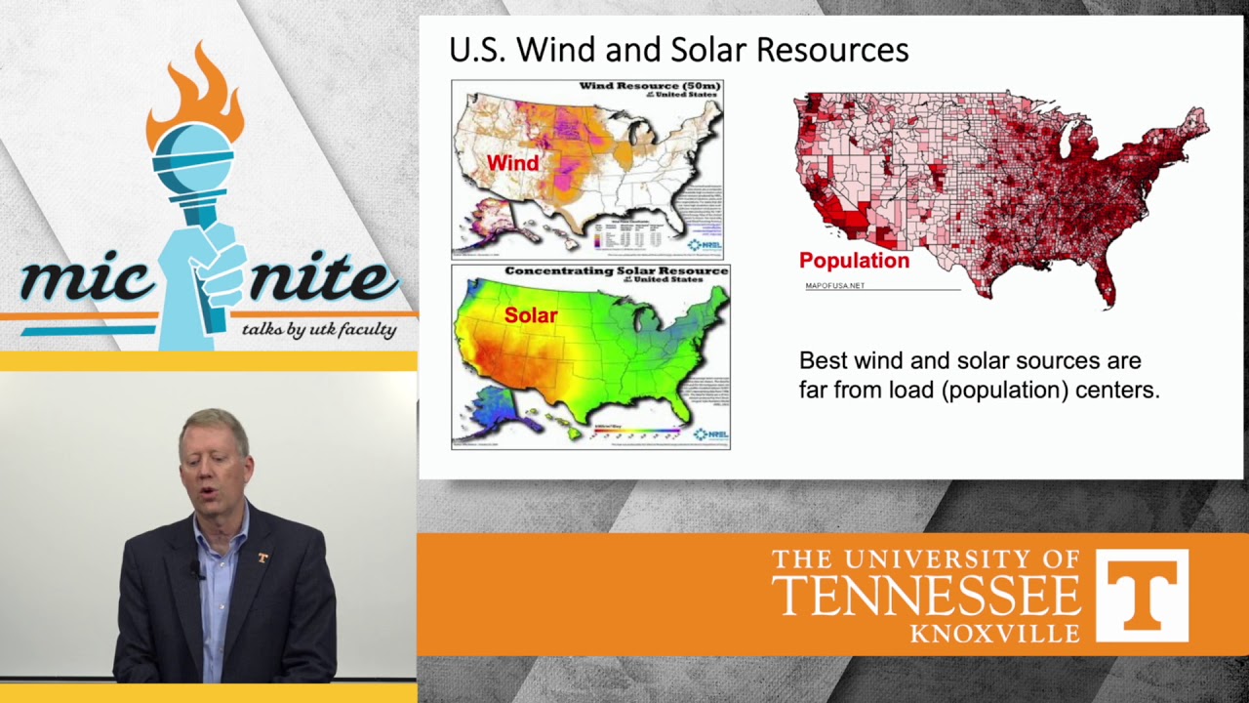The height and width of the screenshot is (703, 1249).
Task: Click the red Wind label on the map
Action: point(512,163)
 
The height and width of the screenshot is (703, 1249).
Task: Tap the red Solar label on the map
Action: point(531,315)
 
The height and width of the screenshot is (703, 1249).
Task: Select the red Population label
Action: point(854,261)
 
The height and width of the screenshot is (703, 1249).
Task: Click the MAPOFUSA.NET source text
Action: point(834,286)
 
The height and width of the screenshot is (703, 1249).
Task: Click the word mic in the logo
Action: point(83,280)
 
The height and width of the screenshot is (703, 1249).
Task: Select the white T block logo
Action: point(1142,595)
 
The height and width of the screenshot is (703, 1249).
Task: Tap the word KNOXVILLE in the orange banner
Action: point(994,634)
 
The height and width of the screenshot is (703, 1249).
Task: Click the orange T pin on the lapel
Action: point(262,558)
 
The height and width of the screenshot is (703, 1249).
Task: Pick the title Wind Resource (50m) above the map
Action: point(649,86)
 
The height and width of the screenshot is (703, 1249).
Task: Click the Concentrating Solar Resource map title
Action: point(616,270)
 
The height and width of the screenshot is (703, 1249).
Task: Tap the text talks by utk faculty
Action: point(319,329)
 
